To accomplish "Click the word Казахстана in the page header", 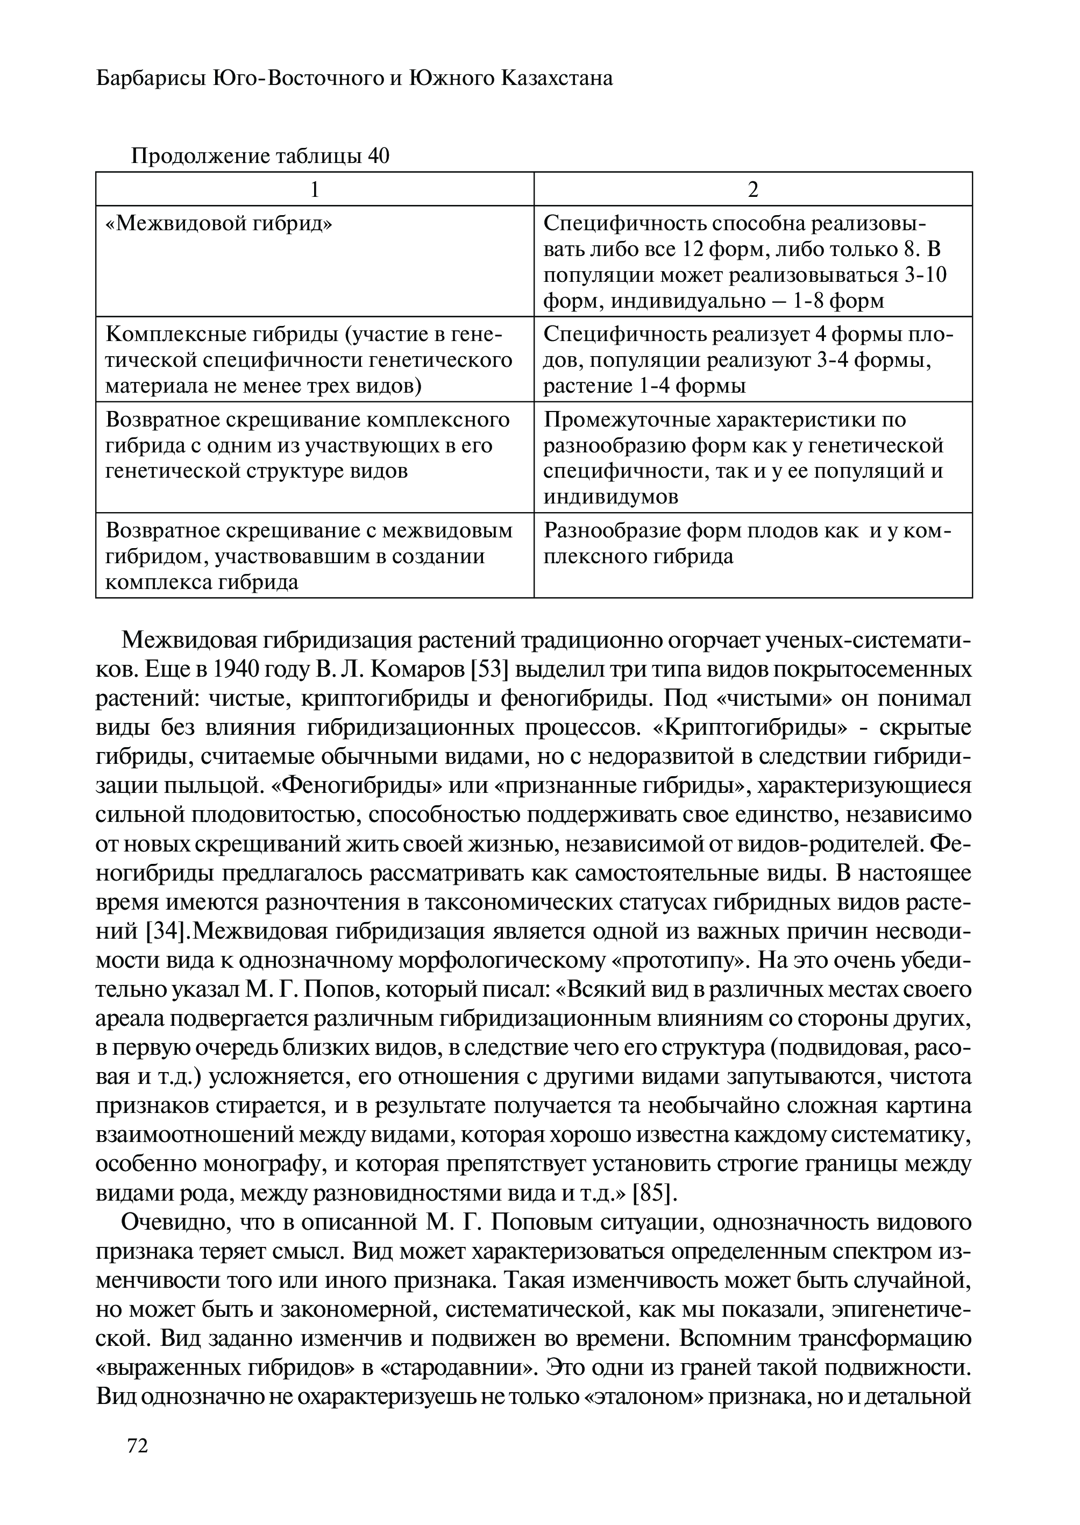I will (557, 79).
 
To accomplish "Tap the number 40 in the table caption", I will (378, 157).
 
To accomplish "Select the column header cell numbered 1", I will (315, 189).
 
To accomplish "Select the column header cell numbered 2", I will (753, 189).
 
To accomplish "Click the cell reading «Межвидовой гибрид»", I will (315, 261).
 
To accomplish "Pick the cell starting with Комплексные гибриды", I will (315, 359).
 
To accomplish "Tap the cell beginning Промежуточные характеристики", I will (753, 457).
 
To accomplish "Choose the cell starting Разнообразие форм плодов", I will (753, 555).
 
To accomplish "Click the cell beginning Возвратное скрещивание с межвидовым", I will (315, 555).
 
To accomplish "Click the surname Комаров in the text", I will (417, 670).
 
